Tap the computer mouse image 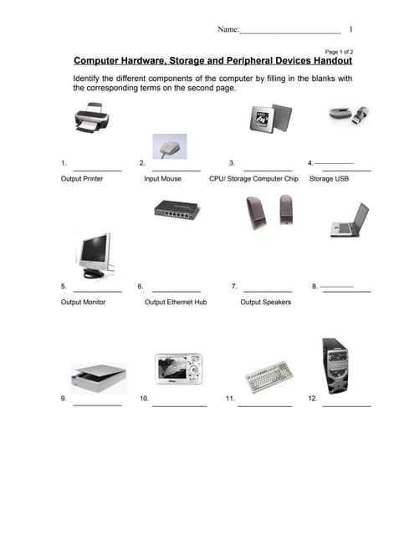[x=170, y=148]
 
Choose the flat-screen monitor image [x=94, y=255]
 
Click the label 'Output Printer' [x=82, y=179]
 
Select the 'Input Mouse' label [x=162, y=179]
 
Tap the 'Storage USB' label [x=329, y=179]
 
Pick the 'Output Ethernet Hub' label [x=176, y=302]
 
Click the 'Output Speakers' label [x=265, y=302]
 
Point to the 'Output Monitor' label [x=84, y=302]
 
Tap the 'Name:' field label [x=228, y=30]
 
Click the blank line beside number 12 [x=346, y=405]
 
